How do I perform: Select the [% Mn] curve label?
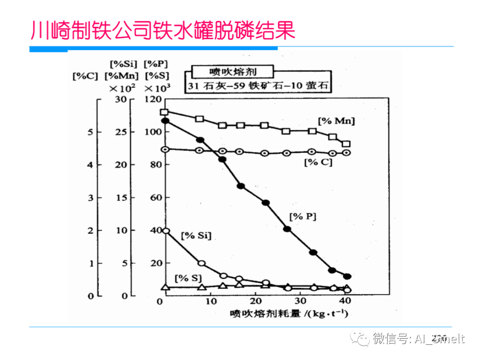coord(336,120)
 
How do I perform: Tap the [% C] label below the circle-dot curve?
coord(318,163)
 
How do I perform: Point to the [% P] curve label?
coord(303,216)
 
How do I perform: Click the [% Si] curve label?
coord(196,235)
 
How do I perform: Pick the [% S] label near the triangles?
coord(188,278)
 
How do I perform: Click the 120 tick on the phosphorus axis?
coord(152,99)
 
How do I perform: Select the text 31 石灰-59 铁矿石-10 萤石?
coord(258,86)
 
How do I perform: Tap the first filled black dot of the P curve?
coord(165,120)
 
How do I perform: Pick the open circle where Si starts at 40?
coord(165,231)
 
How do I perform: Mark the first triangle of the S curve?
coord(165,287)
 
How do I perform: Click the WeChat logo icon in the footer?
coord(360,339)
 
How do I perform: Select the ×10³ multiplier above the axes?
coord(158,88)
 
